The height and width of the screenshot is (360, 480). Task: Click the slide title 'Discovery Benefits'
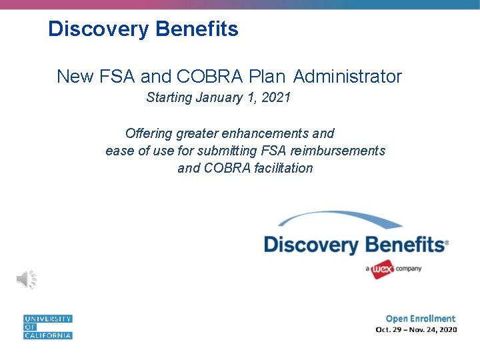click(x=143, y=29)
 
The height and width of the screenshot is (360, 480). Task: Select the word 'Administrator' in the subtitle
click(x=347, y=77)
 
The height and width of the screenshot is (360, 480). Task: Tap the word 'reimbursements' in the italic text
click(x=339, y=151)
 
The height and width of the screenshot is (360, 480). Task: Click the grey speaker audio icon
click(x=26, y=279)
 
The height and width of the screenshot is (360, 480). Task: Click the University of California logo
click(x=47, y=327)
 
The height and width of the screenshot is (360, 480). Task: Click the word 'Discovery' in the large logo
click(x=311, y=245)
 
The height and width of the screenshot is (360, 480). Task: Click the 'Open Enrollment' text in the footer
click(x=420, y=319)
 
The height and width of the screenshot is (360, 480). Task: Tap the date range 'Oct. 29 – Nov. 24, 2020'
click(x=416, y=329)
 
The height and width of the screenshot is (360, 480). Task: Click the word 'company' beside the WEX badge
click(x=409, y=269)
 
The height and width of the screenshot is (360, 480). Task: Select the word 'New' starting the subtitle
click(x=75, y=77)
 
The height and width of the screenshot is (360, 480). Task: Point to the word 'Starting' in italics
click(x=169, y=98)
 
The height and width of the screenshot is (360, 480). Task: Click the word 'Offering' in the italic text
click(x=149, y=133)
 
